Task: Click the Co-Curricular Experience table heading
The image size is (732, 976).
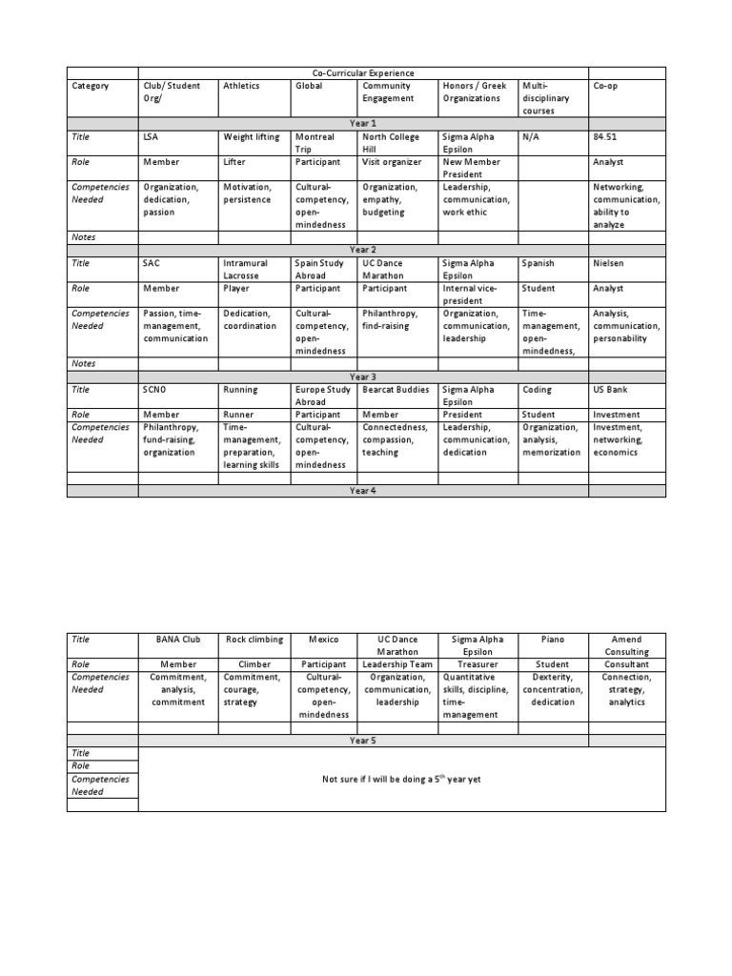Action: [363, 73]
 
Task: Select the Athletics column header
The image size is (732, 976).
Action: [240, 86]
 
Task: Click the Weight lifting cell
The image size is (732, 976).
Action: [252, 137]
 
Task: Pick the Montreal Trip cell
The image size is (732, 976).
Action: [315, 143]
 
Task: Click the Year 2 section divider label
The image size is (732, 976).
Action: [363, 250]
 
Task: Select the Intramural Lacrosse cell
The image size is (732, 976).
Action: [246, 269]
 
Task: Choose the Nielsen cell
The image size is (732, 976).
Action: [608, 263]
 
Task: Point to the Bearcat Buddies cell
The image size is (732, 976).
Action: [396, 390]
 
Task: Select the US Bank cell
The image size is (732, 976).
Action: [610, 390]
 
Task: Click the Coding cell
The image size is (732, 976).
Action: [537, 390]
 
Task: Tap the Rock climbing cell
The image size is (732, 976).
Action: [254, 640]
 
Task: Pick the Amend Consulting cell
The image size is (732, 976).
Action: [626, 645]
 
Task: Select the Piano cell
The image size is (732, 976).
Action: [553, 640]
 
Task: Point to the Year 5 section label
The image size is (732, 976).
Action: [363, 740]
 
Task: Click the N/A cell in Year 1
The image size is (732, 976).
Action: [530, 137]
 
